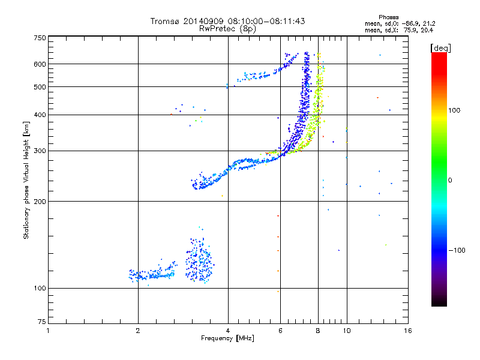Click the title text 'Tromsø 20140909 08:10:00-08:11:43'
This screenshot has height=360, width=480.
pyautogui.click(x=227, y=21)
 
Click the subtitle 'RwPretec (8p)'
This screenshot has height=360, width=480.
pyautogui.click(x=227, y=28)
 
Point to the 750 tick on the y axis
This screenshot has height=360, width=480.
pyautogui.click(x=40, y=37)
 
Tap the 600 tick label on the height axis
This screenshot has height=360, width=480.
pyautogui.click(x=40, y=64)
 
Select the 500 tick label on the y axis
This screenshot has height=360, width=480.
pyautogui.click(x=40, y=87)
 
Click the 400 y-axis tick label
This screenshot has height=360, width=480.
pyautogui.click(x=40, y=115)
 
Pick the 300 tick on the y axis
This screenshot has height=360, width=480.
pyautogui.click(x=40, y=151)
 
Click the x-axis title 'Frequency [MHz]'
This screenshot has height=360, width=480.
pyautogui.click(x=227, y=338)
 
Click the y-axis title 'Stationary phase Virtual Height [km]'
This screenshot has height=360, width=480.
pyautogui.click(x=27, y=180)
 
